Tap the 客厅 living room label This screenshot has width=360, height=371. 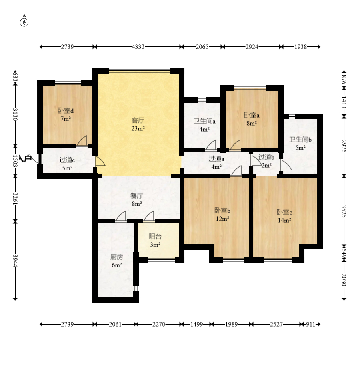click(138, 120)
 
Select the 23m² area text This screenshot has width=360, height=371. click(138, 129)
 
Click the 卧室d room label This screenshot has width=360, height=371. click(66, 111)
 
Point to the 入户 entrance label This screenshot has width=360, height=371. click(26, 158)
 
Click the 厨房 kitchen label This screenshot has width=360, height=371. click(117, 257)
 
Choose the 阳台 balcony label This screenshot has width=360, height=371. click(155, 236)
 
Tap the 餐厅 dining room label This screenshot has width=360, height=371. click(137, 196)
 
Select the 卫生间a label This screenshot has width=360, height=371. click(204, 121)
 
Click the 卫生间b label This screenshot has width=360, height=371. click(300, 140)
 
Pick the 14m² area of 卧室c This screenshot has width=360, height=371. click(284, 220)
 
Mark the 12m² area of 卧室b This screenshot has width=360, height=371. click(222, 219)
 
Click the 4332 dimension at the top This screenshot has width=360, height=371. click(138, 47)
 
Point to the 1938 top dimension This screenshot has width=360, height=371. click(301, 47)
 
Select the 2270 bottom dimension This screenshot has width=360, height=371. click(159, 324)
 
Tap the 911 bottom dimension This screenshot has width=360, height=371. click(310, 324)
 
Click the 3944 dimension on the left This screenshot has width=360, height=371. click(15, 261)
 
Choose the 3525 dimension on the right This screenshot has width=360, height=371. click(344, 211)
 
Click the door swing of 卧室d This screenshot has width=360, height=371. click(82, 141)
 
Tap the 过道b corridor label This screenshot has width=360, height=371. click(266, 157)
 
